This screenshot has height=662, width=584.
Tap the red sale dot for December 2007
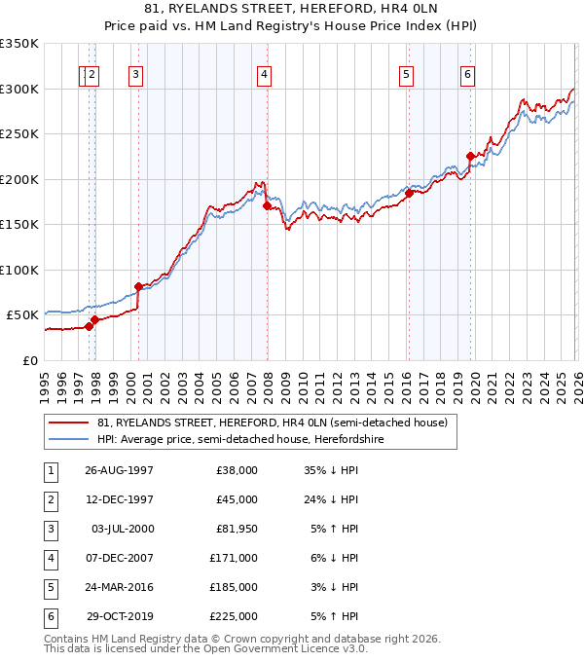[267, 205]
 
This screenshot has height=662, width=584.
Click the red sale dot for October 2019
[470, 156]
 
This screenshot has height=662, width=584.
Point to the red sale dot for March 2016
[409, 193]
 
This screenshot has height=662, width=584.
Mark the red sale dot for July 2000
[138, 286]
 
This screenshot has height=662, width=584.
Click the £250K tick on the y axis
[19, 134]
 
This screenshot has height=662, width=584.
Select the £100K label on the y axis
[19, 270]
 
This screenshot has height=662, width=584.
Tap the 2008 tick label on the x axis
[268, 380]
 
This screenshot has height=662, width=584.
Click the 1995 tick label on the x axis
[45, 380]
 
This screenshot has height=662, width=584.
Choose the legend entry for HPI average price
[240, 439]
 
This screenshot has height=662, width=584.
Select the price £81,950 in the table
[234, 528]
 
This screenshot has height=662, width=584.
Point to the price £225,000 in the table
[233, 615]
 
